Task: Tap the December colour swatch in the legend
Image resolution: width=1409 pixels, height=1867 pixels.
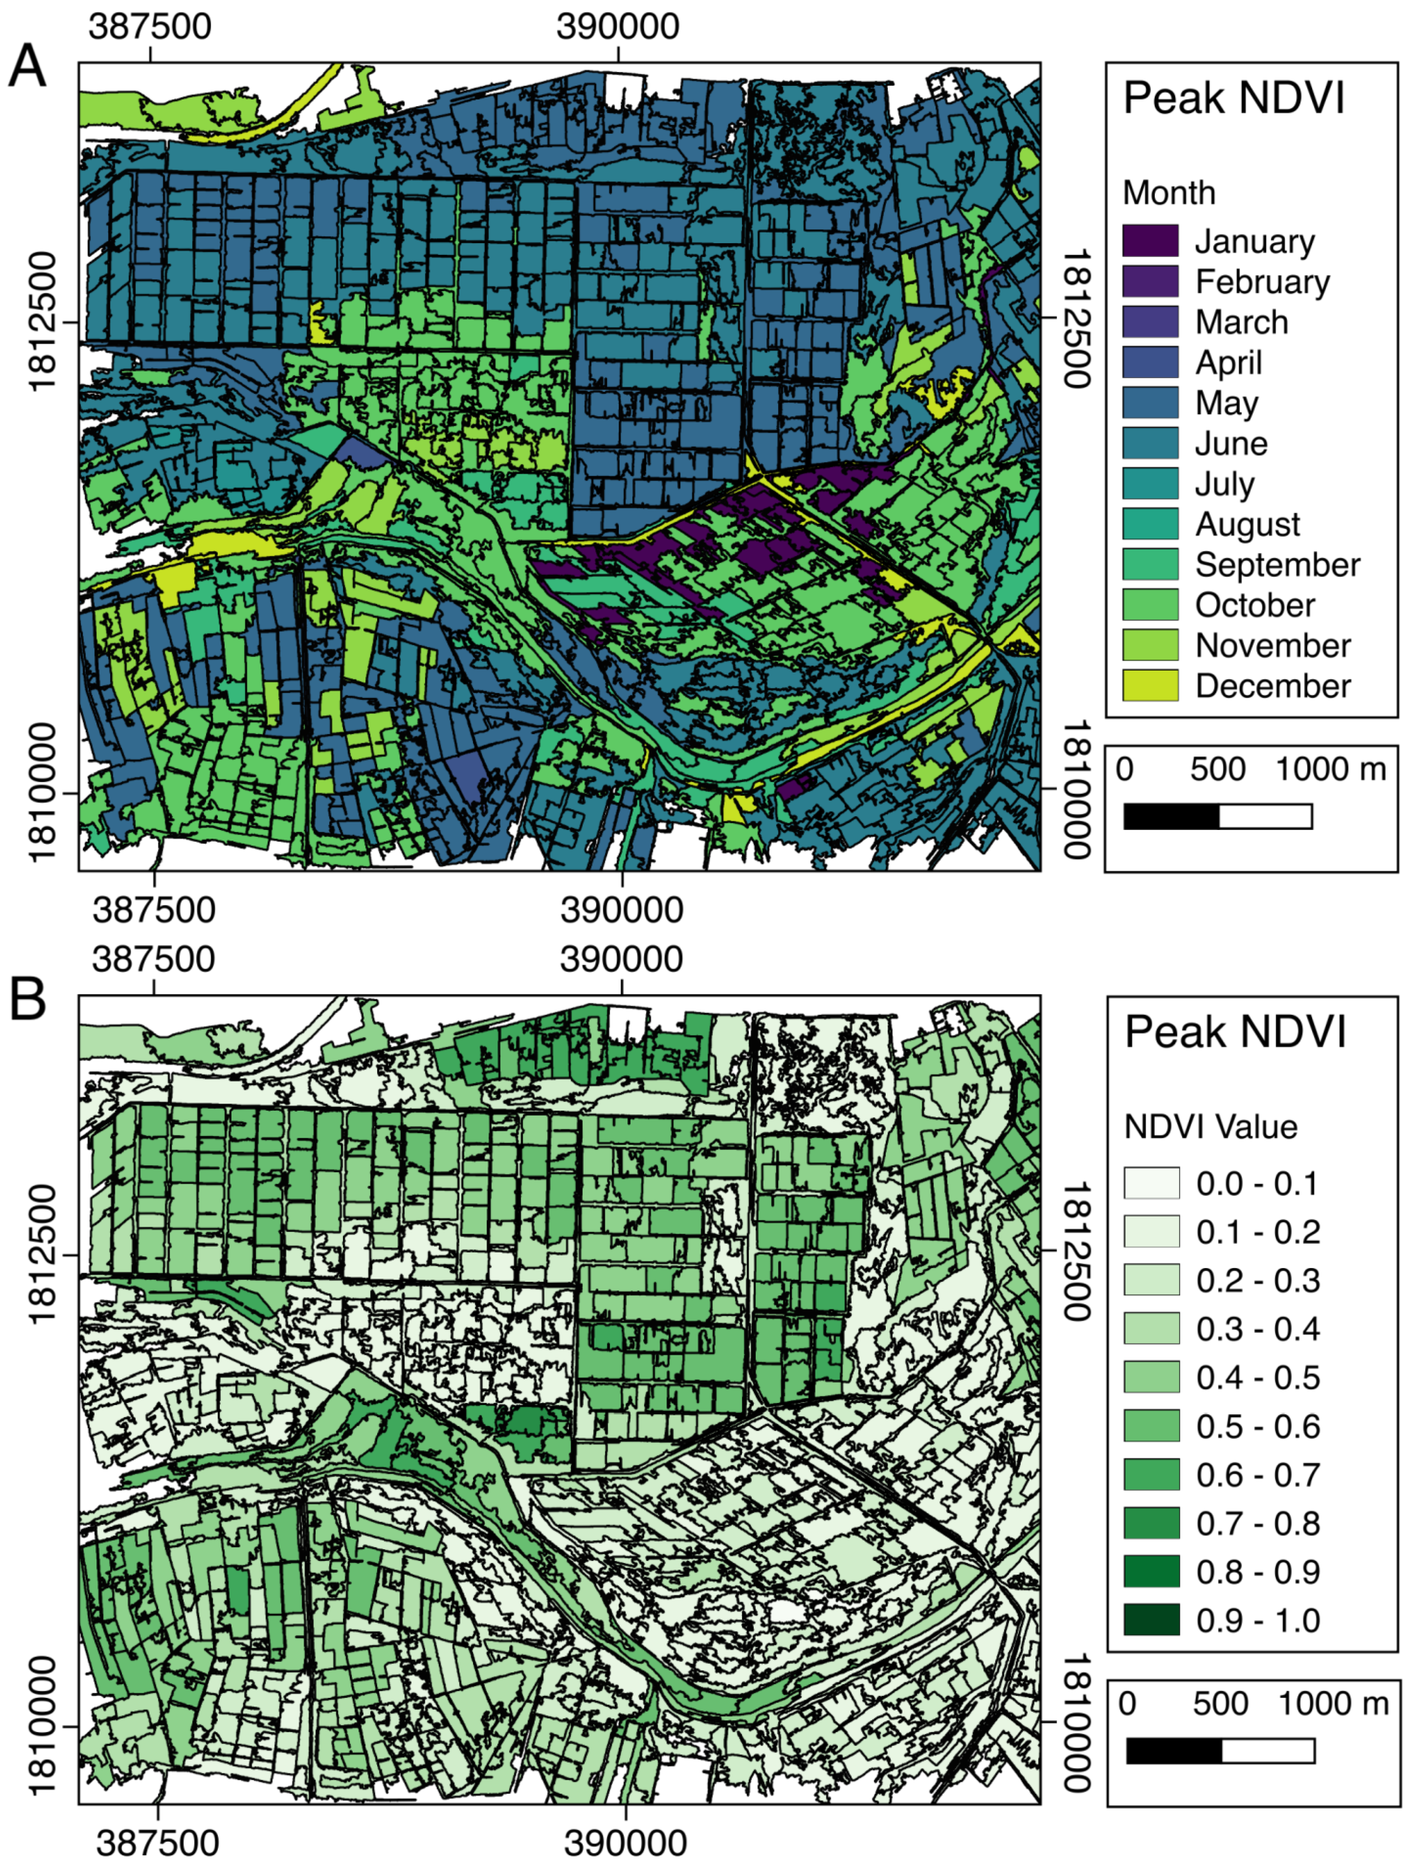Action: (x=1150, y=685)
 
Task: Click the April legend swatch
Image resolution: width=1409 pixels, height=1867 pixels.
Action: (x=1150, y=362)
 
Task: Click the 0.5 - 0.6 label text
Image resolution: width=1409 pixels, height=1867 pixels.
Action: (x=1257, y=1426)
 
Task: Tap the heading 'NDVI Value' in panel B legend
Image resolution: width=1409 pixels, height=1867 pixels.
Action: (x=1210, y=1127)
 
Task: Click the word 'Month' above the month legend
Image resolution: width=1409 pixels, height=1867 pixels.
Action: (x=1168, y=193)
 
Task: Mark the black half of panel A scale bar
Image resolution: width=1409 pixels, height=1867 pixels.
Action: (x=1171, y=816)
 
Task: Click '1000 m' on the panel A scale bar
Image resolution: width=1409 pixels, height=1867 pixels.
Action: (x=1330, y=770)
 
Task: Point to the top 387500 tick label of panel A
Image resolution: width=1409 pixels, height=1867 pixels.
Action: (x=150, y=26)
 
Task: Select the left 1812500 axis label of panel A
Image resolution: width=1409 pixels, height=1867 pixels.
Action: (x=42, y=322)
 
